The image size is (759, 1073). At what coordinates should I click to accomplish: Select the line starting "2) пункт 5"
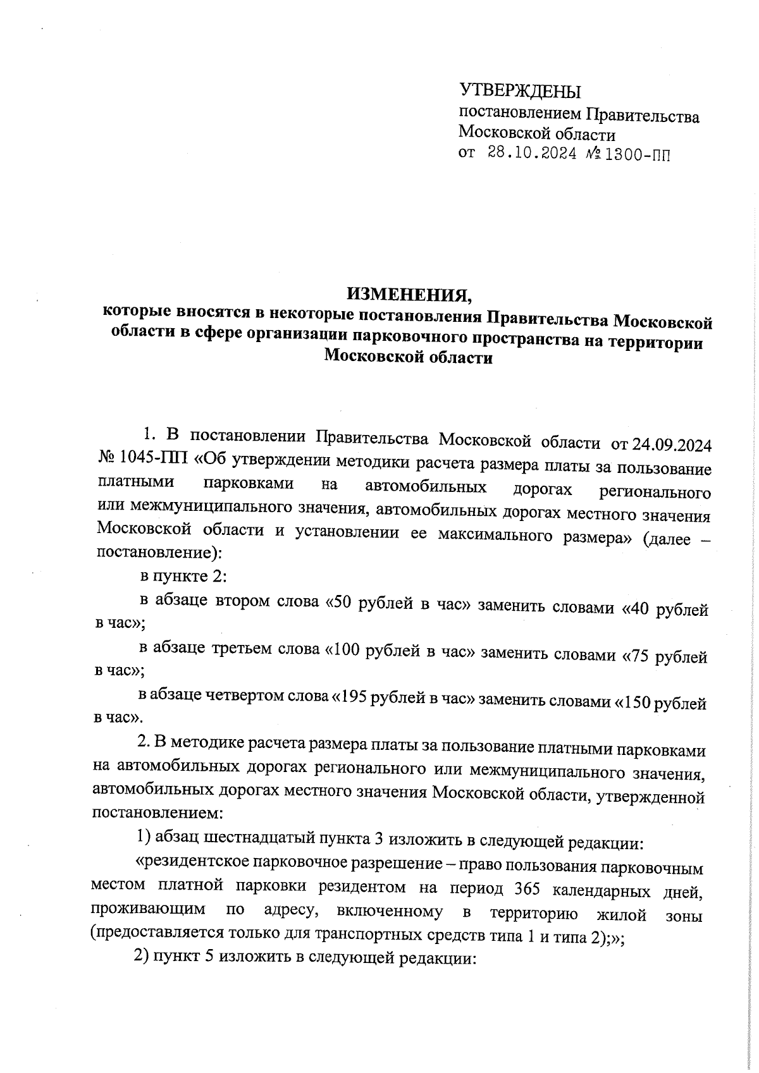(x=304, y=958)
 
